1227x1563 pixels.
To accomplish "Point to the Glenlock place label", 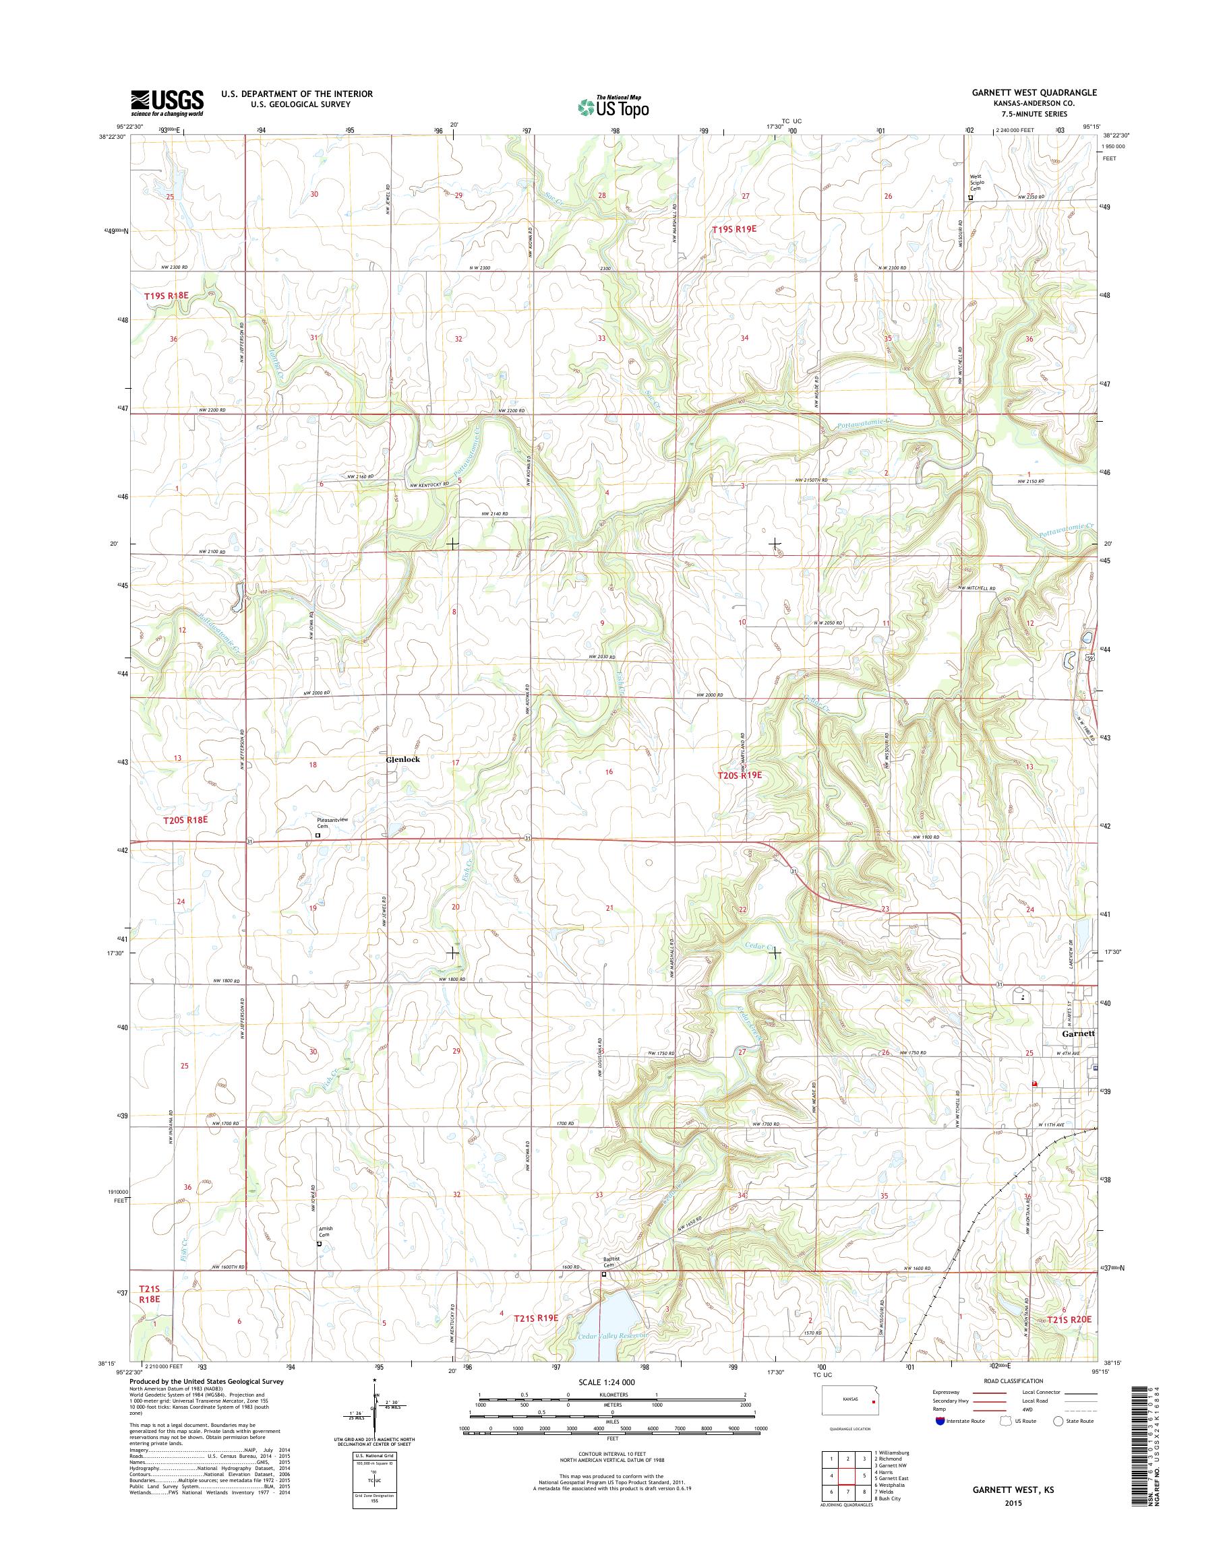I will click(x=403, y=759).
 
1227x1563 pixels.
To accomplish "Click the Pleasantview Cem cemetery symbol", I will click(x=318, y=835).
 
